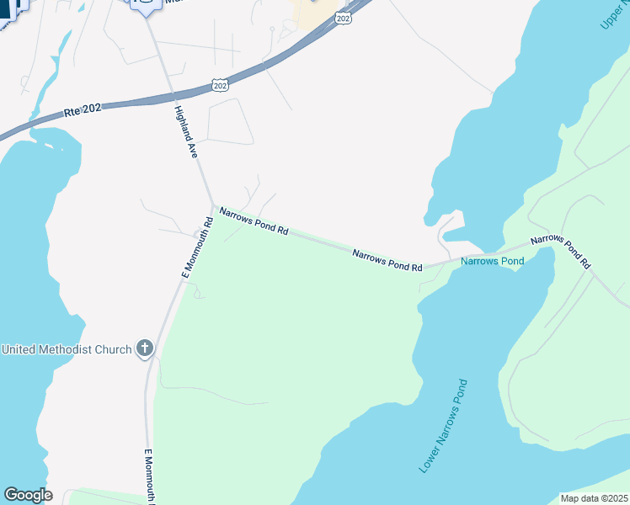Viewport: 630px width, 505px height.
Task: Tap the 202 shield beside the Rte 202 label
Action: (x=220, y=85)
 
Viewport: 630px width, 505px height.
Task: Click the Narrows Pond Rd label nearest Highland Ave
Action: (x=254, y=222)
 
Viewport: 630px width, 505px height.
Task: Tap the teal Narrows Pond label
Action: (x=493, y=261)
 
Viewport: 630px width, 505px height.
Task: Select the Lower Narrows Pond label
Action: (x=443, y=425)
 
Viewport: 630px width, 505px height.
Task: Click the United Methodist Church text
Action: (x=67, y=349)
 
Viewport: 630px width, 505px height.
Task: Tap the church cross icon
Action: (x=145, y=348)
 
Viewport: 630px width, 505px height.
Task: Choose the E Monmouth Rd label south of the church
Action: (x=148, y=475)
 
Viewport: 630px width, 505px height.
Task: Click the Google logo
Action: (x=28, y=495)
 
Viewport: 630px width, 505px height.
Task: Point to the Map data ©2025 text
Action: (x=594, y=498)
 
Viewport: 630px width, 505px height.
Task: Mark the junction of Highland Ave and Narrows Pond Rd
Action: (x=211, y=205)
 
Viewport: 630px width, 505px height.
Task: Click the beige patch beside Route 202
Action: (x=312, y=12)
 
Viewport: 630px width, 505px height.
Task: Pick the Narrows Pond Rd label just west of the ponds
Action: (x=387, y=259)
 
